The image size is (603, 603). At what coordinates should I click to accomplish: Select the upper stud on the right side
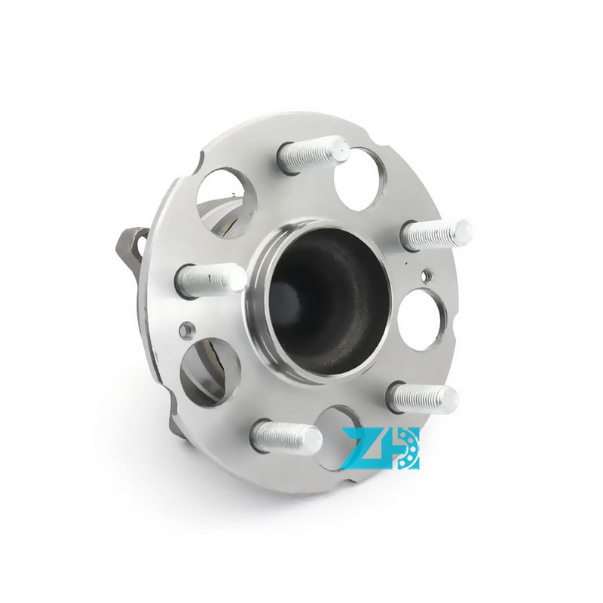click(436, 234)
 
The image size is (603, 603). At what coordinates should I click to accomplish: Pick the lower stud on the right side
click(422, 398)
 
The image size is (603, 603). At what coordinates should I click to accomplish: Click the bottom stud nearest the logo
click(285, 437)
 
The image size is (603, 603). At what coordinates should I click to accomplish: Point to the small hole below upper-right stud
click(427, 274)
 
